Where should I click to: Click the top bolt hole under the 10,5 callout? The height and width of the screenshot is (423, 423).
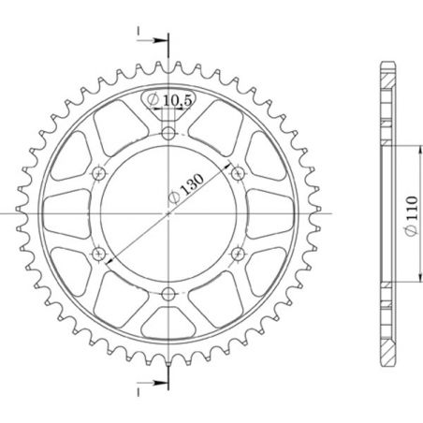(168, 135)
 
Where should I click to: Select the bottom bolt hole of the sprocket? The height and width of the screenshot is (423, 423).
(168, 296)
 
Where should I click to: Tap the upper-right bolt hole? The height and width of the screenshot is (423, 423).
(238, 173)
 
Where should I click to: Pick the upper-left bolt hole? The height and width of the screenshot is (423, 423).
(99, 173)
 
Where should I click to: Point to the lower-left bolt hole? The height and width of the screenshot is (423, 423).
(99, 253)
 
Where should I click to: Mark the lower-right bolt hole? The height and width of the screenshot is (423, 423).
(238, 253)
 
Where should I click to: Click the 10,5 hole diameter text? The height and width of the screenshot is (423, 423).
(174, 97)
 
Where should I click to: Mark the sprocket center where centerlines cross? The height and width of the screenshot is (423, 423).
(168, 213)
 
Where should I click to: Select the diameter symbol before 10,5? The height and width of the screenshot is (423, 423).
(153, 98)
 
